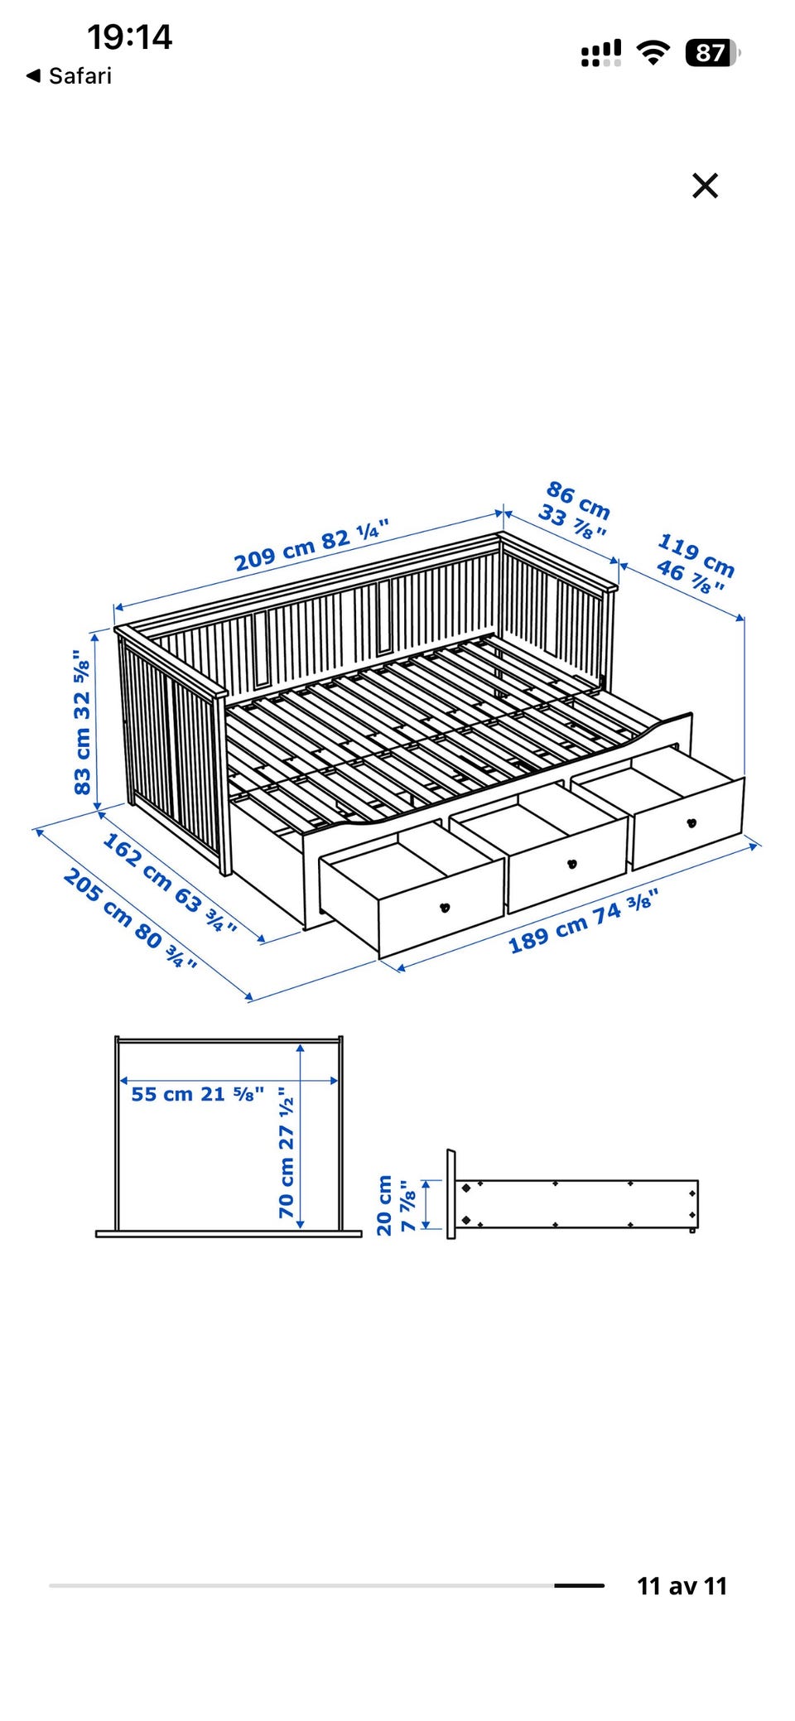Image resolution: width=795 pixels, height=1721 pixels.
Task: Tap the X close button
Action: coord(705,186)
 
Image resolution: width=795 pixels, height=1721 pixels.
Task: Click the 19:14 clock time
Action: coord(129,37)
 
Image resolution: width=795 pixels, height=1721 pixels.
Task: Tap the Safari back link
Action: coord(70,76)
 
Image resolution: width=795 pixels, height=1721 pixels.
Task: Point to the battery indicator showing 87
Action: coord(712,53)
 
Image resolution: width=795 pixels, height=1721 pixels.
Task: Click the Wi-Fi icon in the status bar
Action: coord(653,53)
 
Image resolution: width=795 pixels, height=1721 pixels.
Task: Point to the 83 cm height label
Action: coord(82,722)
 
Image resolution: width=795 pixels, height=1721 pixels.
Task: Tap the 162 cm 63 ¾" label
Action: coord(170,883)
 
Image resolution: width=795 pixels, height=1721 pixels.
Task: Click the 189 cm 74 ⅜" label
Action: coord(583,921)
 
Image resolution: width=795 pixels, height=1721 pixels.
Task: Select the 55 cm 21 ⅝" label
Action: coord(198,1094)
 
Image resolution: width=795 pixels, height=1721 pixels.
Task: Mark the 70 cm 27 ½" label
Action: coord(286,1152)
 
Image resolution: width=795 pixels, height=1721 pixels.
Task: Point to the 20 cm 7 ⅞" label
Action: coord(396,1205)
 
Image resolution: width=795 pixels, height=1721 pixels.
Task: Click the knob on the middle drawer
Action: coord(571,864)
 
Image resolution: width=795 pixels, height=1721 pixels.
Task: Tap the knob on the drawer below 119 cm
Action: coord(691,822)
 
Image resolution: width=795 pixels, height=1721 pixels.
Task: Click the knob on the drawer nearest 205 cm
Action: coord(445,908)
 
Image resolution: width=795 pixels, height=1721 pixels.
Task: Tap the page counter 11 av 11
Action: coord(682,1586)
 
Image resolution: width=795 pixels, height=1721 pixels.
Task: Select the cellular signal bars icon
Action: coord(601,53)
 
